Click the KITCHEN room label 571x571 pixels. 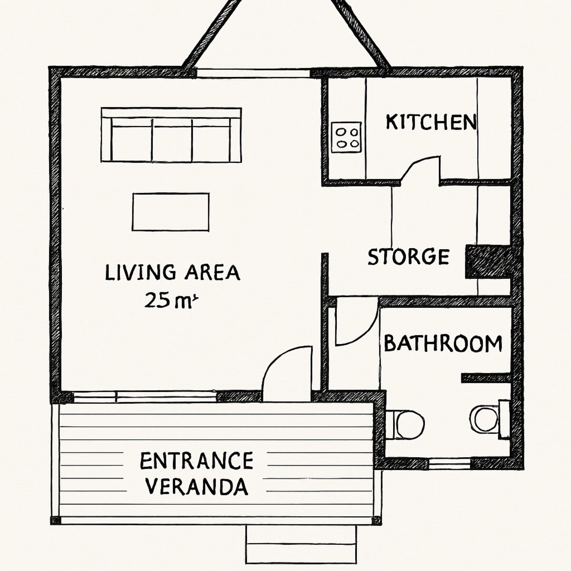coord(431,122)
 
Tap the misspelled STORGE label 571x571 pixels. coord(409,256)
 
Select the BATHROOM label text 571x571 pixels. coord(443,343)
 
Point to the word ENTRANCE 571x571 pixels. coord(197,461)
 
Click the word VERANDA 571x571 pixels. coord(197,487)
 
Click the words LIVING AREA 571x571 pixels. coord(172,273)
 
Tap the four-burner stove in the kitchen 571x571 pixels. coord(346,137)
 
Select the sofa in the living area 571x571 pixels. coord(171,135)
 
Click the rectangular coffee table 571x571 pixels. coord(171,212)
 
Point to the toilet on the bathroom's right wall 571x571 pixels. coord(490,419)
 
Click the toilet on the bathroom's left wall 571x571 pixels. coord(405,424)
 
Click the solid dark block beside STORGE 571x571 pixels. coord(488,262)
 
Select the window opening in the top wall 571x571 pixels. coord(253,73)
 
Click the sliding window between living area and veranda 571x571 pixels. coord(145,397)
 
